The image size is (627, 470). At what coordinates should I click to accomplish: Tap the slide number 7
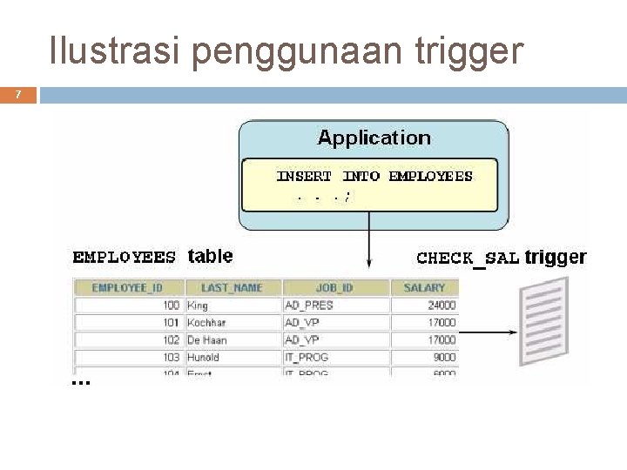[18, 94]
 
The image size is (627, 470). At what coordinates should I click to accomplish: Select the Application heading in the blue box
[374, 138]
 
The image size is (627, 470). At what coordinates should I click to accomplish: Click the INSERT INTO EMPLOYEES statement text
[374, 176]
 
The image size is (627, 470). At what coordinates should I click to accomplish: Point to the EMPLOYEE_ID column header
[126, 287]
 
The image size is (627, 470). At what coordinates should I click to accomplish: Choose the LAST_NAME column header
[232, 287]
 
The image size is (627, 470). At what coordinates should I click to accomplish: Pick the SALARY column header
[425, 287]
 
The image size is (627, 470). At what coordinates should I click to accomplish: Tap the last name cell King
[198, 305]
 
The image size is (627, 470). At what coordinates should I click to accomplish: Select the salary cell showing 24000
[441, 305]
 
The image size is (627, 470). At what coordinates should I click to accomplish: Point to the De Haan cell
[207, 340]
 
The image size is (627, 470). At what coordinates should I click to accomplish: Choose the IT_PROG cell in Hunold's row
[307, 358]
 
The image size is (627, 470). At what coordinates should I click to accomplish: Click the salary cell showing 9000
[443, 358]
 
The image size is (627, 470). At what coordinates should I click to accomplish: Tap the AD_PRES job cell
[309, 305]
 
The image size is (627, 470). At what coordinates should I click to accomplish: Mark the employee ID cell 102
[171, 340]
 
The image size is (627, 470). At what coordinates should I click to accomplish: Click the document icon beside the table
[543, 320]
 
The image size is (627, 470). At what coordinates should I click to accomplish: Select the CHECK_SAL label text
[468, 258]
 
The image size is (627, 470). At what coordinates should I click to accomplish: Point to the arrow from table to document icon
[487, 332]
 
